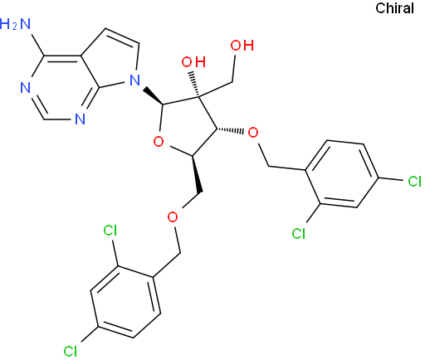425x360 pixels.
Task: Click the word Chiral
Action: [394, 8]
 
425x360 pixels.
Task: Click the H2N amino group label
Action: [15, 24]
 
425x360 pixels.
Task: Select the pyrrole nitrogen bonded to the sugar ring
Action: [134, 80]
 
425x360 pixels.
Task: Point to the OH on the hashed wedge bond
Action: [193, 62]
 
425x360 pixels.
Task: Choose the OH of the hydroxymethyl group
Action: [242, 46]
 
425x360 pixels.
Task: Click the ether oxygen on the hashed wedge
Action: [253, 133]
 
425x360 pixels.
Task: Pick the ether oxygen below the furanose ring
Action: [173, 217]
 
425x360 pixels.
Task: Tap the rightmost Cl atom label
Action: [414, 182]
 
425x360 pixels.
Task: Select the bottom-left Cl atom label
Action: [71, 351]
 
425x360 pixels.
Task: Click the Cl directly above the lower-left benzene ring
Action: [110, 230]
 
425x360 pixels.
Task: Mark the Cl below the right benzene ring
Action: [299, 233]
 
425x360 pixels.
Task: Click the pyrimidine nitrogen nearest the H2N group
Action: [26, 88]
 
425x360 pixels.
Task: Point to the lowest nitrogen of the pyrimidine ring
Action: [80, 119]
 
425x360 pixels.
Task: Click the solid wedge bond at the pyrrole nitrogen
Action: [154, 96]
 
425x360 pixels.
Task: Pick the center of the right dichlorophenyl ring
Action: [342, 173]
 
